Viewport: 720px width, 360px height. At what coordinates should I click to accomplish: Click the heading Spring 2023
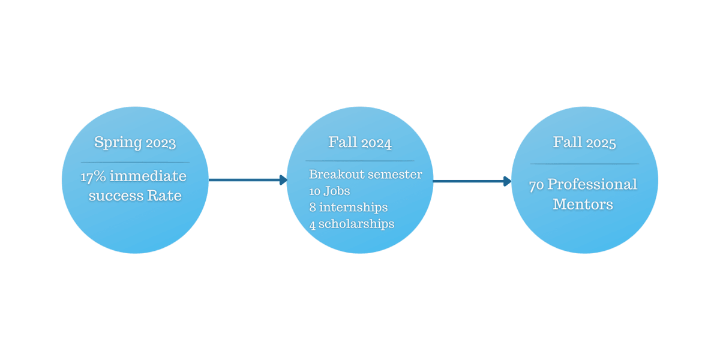[x=135, y=143]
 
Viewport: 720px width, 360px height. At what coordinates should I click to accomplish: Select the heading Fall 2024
[x=360, y=143]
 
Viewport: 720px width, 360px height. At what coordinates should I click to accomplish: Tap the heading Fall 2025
[x=584, y=143]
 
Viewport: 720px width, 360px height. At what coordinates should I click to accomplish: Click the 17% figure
[x=93, y=177]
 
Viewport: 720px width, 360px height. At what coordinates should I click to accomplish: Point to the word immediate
[x=148, y=177]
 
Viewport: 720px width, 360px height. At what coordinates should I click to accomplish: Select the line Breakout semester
[x=365, y=175]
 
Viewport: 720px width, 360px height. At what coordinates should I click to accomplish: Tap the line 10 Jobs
[x=329, y=191]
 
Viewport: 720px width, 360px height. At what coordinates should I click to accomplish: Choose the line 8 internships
[x=349, y=208]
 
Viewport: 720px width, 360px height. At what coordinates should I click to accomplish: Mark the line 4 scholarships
[x=352, y=224]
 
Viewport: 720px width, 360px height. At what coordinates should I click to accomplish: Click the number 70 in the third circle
[x=536, y=185]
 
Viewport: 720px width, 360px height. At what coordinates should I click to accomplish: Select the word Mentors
[x=583, y=204]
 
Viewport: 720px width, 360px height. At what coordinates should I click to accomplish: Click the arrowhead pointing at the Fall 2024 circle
[x=284, y=180]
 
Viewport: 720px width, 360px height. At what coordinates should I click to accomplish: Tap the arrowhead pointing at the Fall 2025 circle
[x=508, y=181]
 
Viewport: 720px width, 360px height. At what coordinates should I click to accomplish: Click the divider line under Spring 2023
[x=135, y=163]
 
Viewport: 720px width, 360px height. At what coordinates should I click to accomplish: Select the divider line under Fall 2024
[x=360, y=161]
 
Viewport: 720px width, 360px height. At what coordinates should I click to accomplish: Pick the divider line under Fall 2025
[x=584, y=164]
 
